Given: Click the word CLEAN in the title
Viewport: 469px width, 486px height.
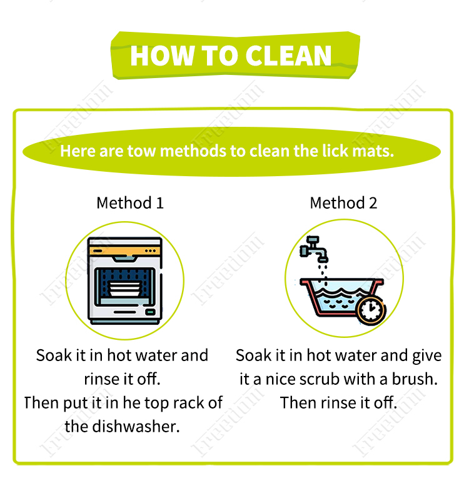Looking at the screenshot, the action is [288, 56].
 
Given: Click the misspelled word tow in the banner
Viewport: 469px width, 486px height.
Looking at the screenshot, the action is [141, 151].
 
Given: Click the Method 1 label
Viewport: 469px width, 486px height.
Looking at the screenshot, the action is [130, 203].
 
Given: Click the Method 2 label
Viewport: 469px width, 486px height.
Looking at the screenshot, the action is [343, 203].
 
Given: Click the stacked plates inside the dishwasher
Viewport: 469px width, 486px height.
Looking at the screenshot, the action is [124, 288].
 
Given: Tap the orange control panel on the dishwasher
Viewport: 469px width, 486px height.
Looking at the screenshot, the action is [124, 250].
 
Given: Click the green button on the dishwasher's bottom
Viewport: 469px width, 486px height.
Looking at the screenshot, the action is [151, 312].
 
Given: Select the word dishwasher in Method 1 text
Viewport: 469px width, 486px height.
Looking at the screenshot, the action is [136, 427].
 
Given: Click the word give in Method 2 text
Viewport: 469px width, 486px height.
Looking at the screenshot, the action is [427, 356].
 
